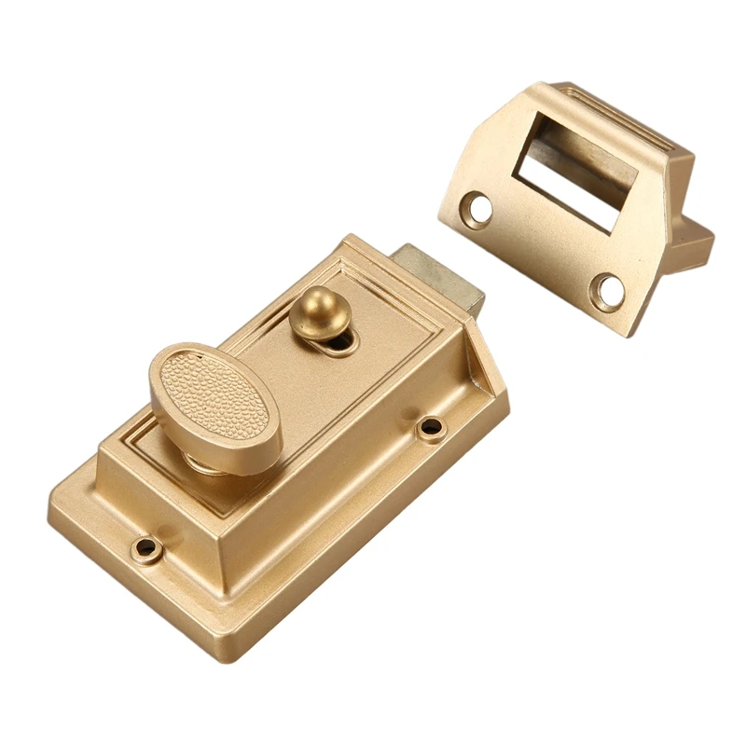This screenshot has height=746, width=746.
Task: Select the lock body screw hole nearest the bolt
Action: pyautogui.click(x=430, y=428)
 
